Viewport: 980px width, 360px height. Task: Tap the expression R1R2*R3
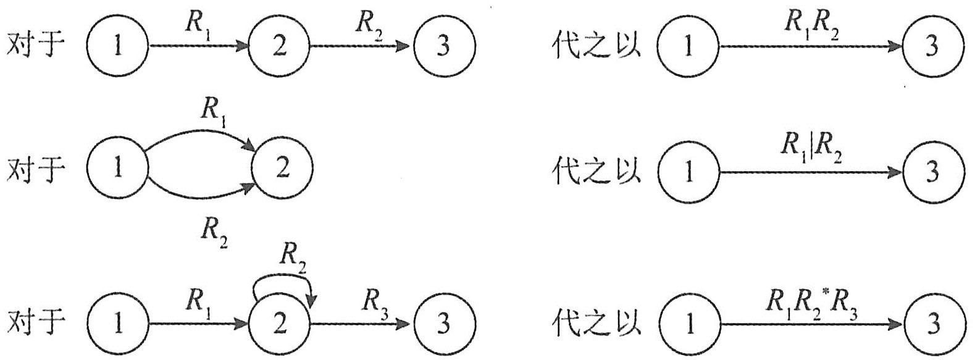pyautogui.click(x=811, y=301)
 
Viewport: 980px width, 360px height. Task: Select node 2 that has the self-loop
pyautogui.click(x=280, y=324)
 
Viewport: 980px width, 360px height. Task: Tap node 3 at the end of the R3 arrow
pyautogui.click(x=444, y=324)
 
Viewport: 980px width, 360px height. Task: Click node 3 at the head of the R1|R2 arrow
pyautogui.click(x=933, y=172)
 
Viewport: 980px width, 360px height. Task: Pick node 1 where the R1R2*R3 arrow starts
pyautogui.click(x=689, y=325)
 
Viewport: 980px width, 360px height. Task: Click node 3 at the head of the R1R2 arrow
pyautogui.click(x=933, y=46)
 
